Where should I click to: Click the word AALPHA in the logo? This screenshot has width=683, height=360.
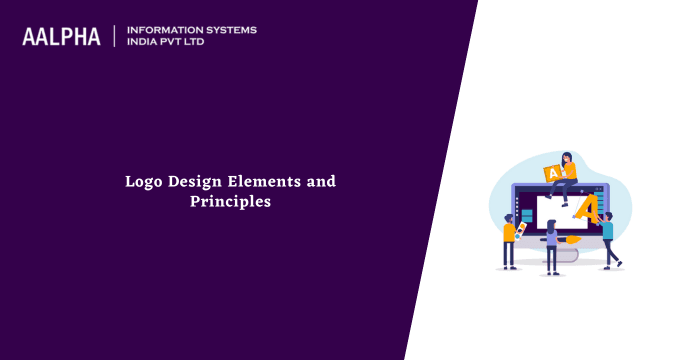click(61, 37)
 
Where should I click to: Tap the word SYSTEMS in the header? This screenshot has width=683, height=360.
click(231, 30)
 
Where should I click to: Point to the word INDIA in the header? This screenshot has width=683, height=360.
click(144, 43)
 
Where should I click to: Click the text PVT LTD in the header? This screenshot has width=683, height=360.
click(190, 43)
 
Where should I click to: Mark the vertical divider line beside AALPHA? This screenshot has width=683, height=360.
click(115, 36)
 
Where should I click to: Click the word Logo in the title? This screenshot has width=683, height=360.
click(143, 182)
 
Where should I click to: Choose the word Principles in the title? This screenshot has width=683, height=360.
click(230, 201)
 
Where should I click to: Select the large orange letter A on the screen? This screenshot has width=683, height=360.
click(588, 208)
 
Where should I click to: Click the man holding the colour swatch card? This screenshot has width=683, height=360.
click(509, 240)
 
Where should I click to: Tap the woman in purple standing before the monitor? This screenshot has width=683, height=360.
click(550, 245)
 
